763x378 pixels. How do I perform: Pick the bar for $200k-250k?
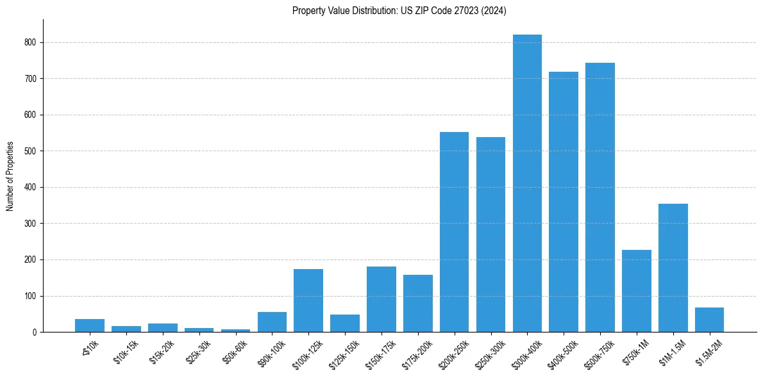pyautogui.click(x=454, y=232)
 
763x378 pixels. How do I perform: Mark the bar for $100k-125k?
pyautogui.click(x=308, y=300)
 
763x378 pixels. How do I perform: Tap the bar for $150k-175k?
pyautogui.click(x=382, y=299)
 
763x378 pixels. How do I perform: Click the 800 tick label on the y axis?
pyautogui.click(x=31, y=42)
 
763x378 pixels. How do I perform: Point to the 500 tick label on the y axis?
pyautogui.click(x=31, y=151)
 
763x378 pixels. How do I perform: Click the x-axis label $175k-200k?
pyautogui.click(x=415, y=352)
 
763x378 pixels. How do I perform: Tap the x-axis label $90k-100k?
pyautogui.click(x=270, y=350)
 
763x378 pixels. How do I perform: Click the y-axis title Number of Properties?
pyautogui.click(x=10, y=176)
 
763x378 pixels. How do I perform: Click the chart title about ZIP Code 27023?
pyautogui.click(x=399, y=11)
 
